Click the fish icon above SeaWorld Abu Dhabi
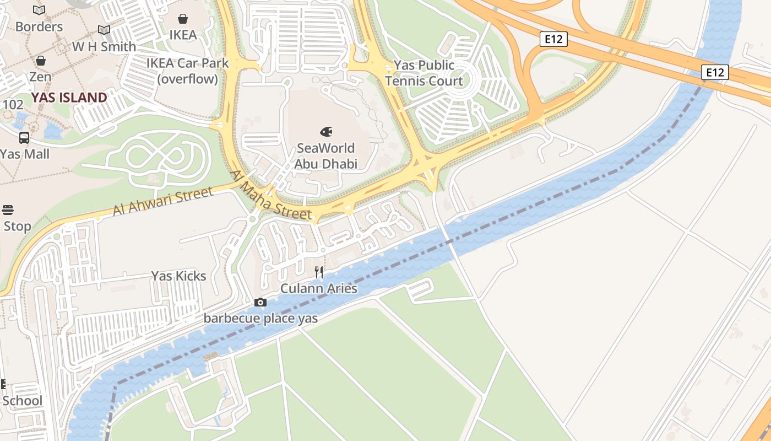click(326, 132)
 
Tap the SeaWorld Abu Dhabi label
click(325, 156)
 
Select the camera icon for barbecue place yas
click(260, 302)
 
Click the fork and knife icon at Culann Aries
click(319, 272)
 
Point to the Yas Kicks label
click(178, 276)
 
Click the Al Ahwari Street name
click(162, 202)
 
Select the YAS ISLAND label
click(69, 98)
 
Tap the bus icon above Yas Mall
click(24, 138)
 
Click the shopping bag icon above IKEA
click(183, 19)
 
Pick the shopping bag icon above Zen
click(40, 61)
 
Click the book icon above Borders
click(39, 10)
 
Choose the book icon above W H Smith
click(104, 30)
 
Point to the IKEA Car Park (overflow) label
click(187, 71)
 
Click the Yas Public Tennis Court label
click(424, 73)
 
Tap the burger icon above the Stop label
click(8, 209)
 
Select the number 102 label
click(13, 105)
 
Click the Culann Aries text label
click(319, 288)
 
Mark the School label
click(22, 401)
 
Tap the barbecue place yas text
click(260, 318)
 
